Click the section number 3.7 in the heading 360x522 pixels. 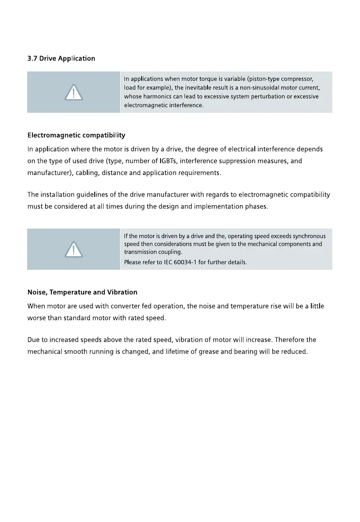[32, 58]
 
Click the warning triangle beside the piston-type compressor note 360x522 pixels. [74, 93]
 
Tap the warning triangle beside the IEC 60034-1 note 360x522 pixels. [74, 250]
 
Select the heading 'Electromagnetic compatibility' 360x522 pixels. [76, 135]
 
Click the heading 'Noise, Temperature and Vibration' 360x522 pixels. [82, 292]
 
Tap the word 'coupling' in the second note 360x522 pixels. [169, 252]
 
